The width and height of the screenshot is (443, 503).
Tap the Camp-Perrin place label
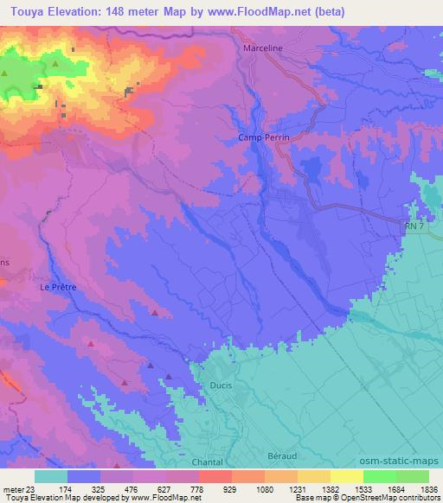coord(264,137)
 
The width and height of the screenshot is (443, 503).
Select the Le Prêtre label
coord(59,289)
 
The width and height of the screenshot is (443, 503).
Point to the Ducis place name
coord(221,386)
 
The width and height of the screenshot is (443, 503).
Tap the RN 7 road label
coord(416,226)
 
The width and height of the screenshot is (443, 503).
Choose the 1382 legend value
coord(331,488)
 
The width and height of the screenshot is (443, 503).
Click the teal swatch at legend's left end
coord(51,476)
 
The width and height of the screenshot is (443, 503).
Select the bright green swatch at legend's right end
coord(413,476)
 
